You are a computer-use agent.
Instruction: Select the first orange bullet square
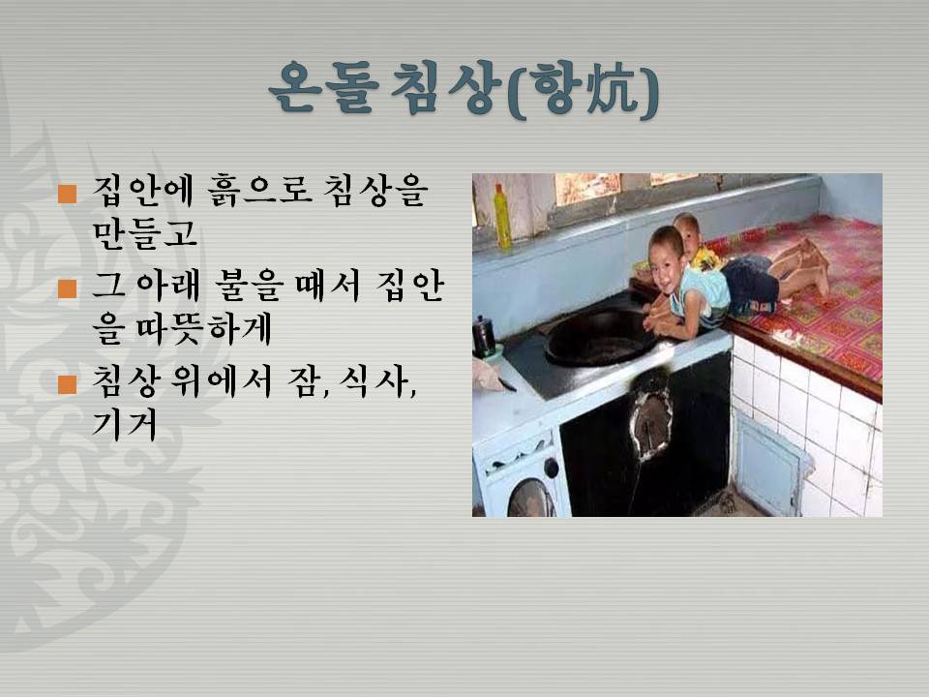click(68, 194)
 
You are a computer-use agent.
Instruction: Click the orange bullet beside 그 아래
click(68, 288)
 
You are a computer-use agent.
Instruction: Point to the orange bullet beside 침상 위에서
click(68, 383)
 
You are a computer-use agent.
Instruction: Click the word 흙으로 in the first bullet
click(259, 191)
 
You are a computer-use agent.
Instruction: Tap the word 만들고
click(144, 232)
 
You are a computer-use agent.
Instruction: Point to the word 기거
click(125, 423)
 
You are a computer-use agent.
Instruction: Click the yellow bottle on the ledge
click(502, 216)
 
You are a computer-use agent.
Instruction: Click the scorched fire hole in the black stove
click(651, 419)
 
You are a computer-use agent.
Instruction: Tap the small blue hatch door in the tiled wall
click(767, 463)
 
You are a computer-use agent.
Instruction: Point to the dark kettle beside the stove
click(484, 337)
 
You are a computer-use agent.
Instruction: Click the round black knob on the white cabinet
click(551, 469)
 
